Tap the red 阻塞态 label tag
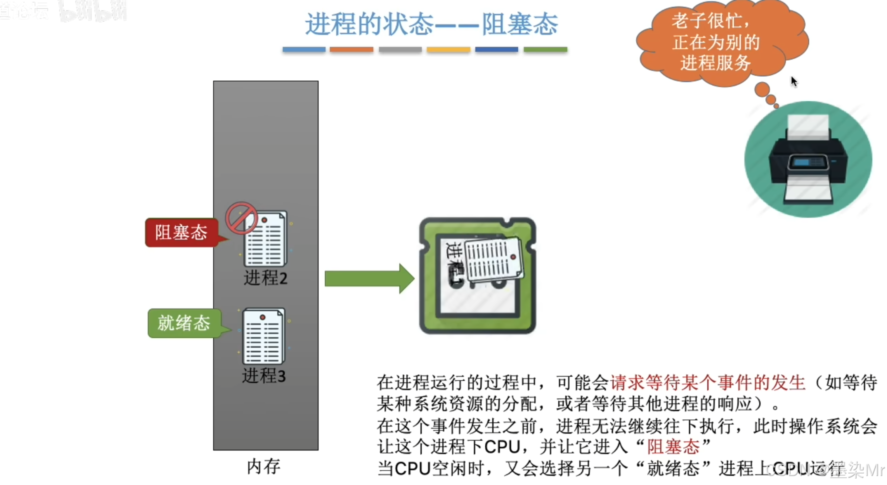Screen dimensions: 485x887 (181, 232)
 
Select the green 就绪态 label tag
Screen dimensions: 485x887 (183, 323)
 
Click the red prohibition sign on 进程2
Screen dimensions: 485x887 (241, 218)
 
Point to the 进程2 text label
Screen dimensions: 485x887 (265, 278)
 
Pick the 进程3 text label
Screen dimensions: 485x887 (263, 375)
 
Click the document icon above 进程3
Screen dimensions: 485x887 (263, 336)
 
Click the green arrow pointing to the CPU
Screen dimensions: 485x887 (369, 278)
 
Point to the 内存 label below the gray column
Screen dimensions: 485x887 (263, 466)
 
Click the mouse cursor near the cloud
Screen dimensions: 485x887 (793, 81)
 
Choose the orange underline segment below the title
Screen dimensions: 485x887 (351, 49)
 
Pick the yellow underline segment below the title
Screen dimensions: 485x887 (448, 49)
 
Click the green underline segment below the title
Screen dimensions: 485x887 (545, 49)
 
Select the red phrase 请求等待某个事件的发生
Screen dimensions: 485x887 (707, 382)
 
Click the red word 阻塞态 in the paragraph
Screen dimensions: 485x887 (673, 446)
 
